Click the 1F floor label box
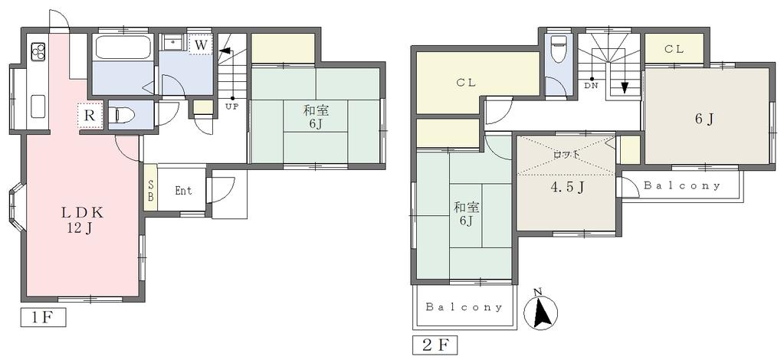point(43,318)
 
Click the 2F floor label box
point(435,345)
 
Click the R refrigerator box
point(90,116)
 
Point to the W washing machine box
point(201,44)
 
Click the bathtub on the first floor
point(123,48)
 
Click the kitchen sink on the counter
point(38,106)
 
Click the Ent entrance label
point(183,191)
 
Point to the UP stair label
point(231,106)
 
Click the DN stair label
point(591,86)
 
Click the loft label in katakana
point(566,155)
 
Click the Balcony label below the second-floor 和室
point(464,307)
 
